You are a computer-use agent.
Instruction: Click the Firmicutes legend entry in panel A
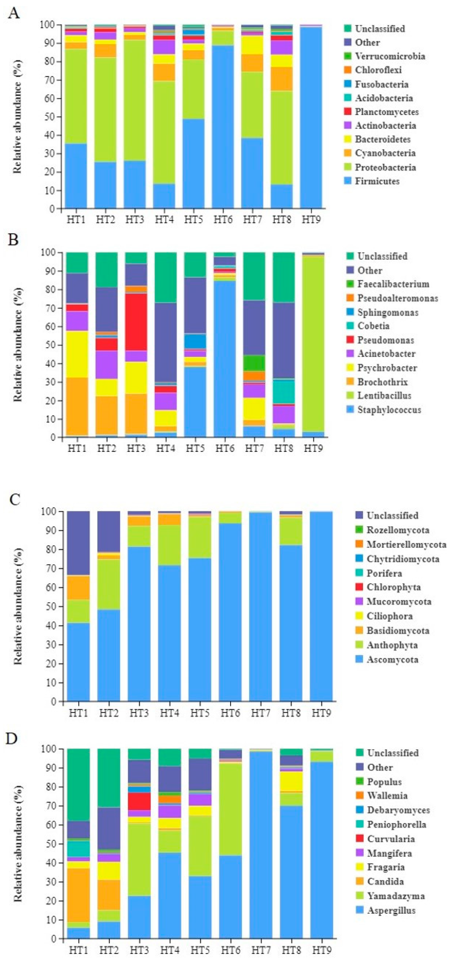click(x=377, y=181)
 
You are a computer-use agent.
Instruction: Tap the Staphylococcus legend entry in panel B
click(x=389, y=410)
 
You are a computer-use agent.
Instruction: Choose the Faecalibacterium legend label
click(x=393, y=284)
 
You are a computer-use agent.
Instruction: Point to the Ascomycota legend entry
click(x=392, y=659)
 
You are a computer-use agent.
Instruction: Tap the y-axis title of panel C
click(x=18, y=606)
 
